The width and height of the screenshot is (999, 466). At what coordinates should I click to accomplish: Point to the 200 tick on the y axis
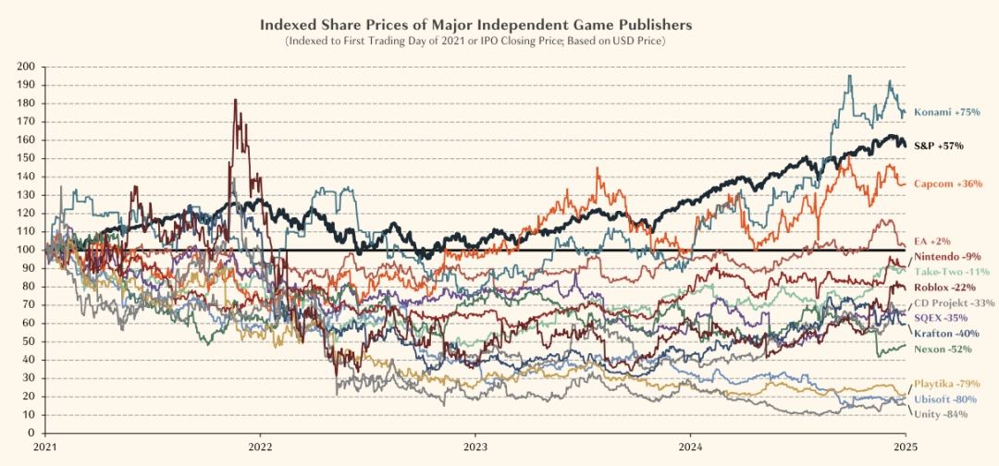[x=26, y=67]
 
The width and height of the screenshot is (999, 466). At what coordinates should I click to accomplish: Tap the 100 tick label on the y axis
[x=26, y=250]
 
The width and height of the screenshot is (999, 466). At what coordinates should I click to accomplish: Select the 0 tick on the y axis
[x=31, y=433]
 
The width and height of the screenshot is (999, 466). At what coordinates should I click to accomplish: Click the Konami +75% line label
[x=947, y=113]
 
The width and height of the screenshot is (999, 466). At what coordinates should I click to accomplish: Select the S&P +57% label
[x=939, y=146]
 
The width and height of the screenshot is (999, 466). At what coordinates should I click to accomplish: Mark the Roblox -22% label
[x=945, y=288]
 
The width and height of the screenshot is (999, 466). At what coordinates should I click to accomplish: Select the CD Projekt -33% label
[x=954, y=303]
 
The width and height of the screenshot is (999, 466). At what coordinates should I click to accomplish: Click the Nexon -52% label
[x=943, y=349]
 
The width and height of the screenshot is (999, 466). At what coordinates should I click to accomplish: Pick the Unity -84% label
[x=941, y=414]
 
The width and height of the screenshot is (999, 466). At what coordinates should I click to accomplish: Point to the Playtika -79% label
[x=947, y=384]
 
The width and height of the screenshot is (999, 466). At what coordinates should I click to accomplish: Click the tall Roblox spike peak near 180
[x=236, y=100]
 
